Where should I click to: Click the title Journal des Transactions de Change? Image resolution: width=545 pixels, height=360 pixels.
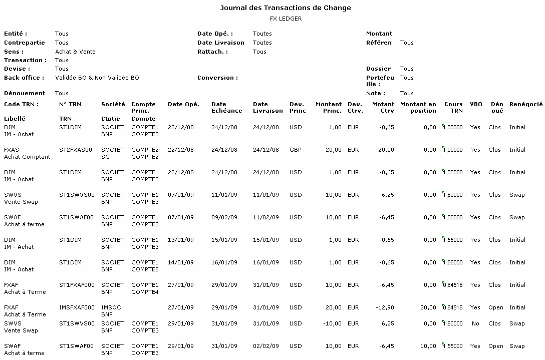[286, 8]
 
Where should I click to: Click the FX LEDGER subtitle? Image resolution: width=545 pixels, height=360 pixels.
[286, 19]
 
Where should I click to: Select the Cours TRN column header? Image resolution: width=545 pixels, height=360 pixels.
[453, 108]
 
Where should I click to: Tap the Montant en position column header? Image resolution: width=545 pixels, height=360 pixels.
[418, 108]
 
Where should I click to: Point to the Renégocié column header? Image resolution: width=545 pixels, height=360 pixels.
[525, 104]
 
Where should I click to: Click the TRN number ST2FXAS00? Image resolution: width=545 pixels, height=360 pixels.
[76, 150]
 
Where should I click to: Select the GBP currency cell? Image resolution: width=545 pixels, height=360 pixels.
[296, 150]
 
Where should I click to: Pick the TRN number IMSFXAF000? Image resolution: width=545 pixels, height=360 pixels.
[77, 307]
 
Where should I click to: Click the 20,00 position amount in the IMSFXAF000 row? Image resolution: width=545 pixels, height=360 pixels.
[429, 307]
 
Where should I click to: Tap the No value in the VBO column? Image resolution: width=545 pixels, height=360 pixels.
[475, 323]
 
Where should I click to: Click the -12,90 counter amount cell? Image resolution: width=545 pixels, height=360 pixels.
[385, 307]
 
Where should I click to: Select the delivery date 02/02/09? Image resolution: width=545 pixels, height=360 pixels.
[266, 346]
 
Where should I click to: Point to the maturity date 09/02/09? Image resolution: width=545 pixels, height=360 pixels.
[224, 217]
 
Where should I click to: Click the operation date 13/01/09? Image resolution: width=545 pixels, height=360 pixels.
[181, 240]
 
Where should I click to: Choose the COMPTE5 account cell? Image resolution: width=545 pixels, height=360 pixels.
[145, 269]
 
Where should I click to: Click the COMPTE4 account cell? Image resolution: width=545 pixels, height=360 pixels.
[145, 292]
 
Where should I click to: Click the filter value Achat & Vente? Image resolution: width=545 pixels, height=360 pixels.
[75, 52]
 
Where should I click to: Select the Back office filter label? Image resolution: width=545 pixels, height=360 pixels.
[24, 78]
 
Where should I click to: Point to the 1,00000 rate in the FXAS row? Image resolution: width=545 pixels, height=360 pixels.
[453, 150]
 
